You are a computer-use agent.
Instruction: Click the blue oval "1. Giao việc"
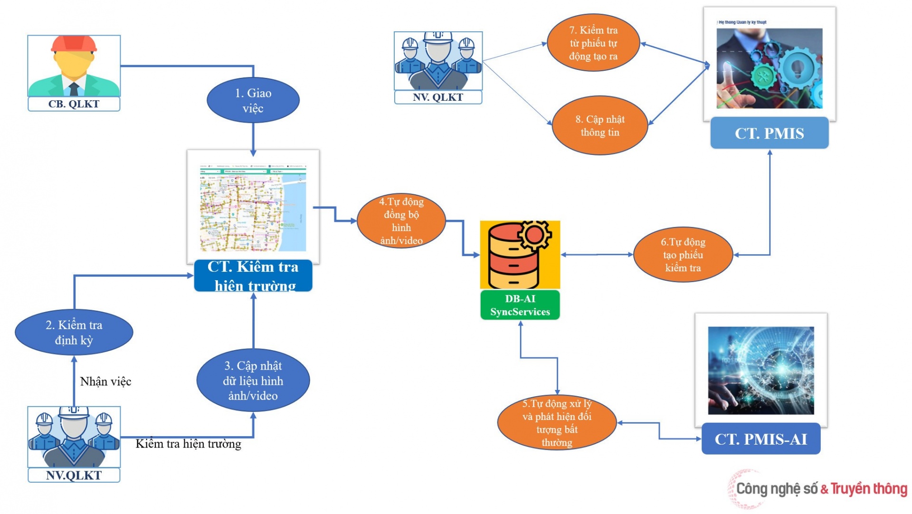pos(253,100)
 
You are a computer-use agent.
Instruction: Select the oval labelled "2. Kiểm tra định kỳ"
pos(74,332)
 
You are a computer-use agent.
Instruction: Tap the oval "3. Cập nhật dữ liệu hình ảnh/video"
pos(253,381)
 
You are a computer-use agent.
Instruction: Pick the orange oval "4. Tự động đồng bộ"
pos(401,221)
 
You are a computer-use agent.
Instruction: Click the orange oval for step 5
pos(557,423)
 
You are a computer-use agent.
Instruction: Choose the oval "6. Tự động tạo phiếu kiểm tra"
pos(683,255)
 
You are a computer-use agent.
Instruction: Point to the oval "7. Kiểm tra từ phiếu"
pos(593,43)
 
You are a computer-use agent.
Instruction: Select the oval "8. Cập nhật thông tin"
pos(599,125)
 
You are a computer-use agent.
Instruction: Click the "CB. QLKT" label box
pos(74,104)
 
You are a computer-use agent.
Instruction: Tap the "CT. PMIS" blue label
pos(769,133)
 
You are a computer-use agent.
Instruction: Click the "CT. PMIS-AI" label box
pos(760,439)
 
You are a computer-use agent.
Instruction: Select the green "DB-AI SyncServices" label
pos(520,305)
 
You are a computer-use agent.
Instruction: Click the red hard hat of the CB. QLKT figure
pos(74,44)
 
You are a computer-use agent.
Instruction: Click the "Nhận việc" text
pos(105,381)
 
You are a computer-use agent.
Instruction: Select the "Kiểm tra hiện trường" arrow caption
pos(188,444)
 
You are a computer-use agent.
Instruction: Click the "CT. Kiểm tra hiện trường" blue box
pos(253,276)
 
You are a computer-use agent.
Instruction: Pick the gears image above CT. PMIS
pos(769,68)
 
